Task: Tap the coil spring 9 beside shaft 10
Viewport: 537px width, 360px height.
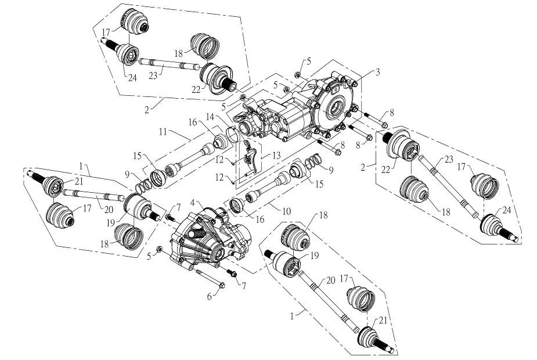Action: click(315, 159)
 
